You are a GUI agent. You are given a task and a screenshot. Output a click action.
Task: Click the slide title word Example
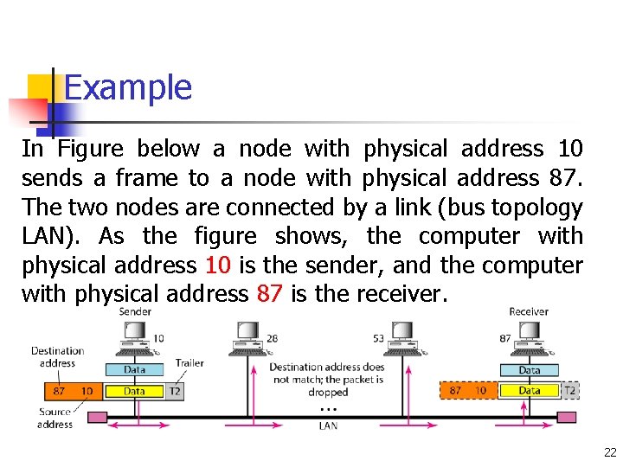point(127,87)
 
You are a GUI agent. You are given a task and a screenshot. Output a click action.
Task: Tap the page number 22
point(610,451)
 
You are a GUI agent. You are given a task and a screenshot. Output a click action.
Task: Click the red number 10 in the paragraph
point(218,265)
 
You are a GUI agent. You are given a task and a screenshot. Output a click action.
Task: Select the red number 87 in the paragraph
point(269,294)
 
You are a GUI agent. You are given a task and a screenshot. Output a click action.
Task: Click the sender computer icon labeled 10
point(135,337)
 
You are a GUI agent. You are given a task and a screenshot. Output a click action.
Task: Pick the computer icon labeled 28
point(247,337)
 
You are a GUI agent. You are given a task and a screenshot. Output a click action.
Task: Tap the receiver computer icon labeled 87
point(529,337)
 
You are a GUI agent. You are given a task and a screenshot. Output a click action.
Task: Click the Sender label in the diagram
point(135,311)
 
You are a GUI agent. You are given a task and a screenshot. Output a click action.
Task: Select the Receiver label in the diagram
point(529,311)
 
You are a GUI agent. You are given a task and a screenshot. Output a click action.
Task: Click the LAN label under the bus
point(328,425)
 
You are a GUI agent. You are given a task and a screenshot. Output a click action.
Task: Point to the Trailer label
point(189,363)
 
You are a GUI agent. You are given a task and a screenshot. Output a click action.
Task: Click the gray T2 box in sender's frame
point(175,391)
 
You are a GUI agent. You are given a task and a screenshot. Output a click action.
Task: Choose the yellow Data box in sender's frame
point(134,391)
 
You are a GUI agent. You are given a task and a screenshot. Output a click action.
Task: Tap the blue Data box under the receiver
point(529,370)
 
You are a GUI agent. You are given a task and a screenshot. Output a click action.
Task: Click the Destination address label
point(57,357)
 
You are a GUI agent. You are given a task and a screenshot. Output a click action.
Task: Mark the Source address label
point(55,419)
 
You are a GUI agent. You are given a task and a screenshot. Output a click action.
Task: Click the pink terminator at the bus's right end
point(566,417)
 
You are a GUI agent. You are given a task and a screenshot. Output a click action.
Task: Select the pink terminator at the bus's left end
point(98,417)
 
